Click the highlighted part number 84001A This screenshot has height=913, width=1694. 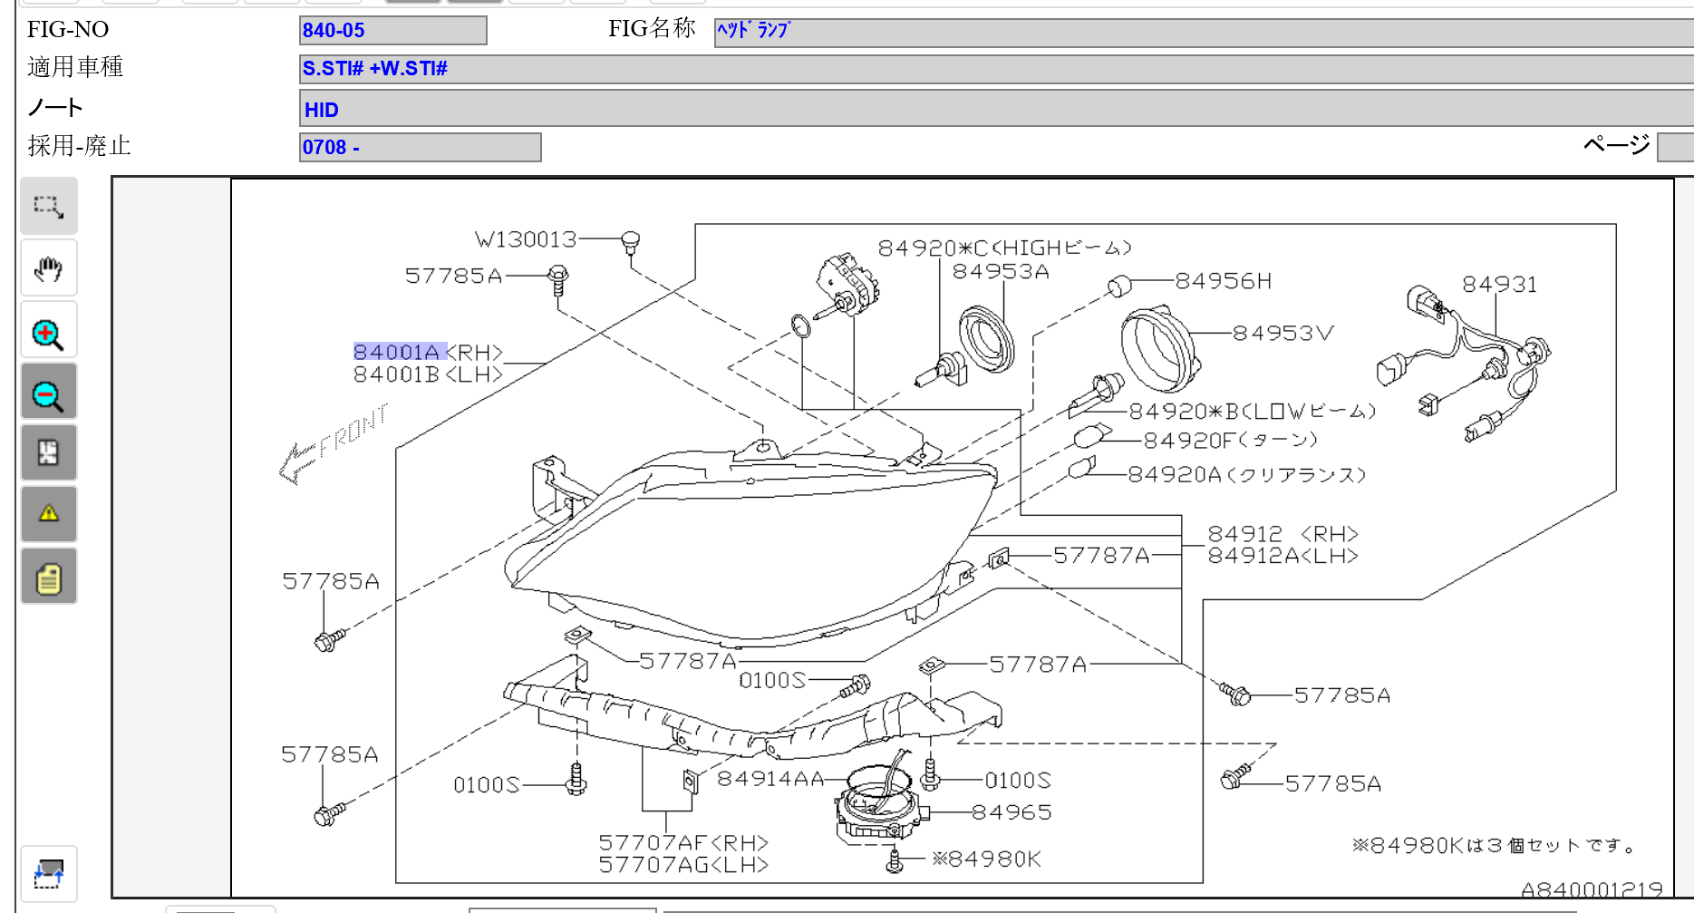pyautogui.click(x=397, y=352)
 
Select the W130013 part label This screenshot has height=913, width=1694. pyautogui.click(x=526, y=239)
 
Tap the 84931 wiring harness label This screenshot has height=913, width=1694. pyautogui.click(x=1499, y=285)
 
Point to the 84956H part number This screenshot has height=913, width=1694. pyautogui.click(x=1224, y=281)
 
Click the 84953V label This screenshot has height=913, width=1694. pyautogui.click(x=1283, y=333)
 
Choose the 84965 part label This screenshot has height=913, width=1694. pyautogui.click(x=1012, y=812)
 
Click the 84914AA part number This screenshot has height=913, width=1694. pyautogui.click(x=770, y=779)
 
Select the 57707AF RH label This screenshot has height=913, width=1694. pyautogui.click(x=683, y=843)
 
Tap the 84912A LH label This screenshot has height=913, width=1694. pyautogui.click(x=1283, y=556)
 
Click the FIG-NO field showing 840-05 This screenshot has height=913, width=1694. pyautogui.click(x=392, y=31)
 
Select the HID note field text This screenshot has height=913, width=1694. pyautogui.click(x=322, y=110)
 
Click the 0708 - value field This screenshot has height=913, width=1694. pyautogui.click(x=420, y=147)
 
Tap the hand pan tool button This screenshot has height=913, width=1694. pyautogui.click(x=48, y=268)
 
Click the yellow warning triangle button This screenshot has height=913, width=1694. pyautogui.click(x=48, y=514)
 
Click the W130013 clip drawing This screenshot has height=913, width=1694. pyautogui.click(x=631, y=243)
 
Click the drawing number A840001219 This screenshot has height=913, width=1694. pyautogui.click(x=1592, y=889)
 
